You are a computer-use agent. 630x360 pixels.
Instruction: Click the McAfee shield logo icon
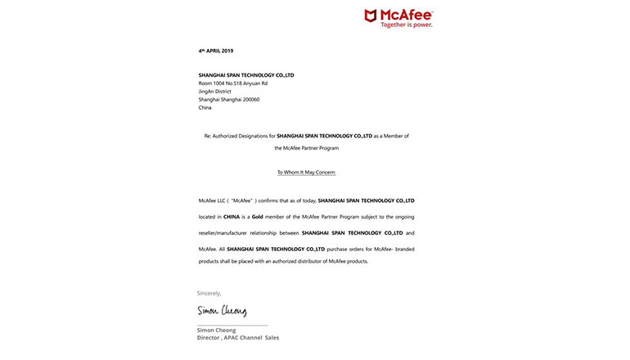(x=371, y=15)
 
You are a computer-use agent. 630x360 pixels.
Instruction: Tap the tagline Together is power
(x=406, y=25)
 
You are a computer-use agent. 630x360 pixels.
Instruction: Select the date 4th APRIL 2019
(x=216, y=51)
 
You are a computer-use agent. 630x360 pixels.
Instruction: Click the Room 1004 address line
(x=232, y=83)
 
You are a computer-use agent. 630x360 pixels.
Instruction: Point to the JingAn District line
(x=215, y=91)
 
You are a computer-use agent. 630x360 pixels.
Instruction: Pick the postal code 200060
(x=250, y=99)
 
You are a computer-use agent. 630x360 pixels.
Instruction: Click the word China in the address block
(x=205, y=107)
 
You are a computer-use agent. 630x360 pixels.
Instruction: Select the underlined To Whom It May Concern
(x=306, y=173)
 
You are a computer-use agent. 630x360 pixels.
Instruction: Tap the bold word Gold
(x=257, y=217)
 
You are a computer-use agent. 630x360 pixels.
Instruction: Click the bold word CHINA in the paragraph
(x=232, y=217)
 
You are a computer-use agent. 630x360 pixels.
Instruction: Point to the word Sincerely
(x=209, y=293)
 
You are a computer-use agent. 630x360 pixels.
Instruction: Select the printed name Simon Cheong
(x=216, y=330)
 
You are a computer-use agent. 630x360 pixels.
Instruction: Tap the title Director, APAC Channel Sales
(x=237, y=337)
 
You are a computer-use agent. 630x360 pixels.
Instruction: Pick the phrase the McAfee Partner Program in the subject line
(x=306, y=148)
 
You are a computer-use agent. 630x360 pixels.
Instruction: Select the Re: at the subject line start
(x=208, y=136)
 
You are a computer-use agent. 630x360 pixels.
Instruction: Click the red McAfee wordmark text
(x=407, y=14)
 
